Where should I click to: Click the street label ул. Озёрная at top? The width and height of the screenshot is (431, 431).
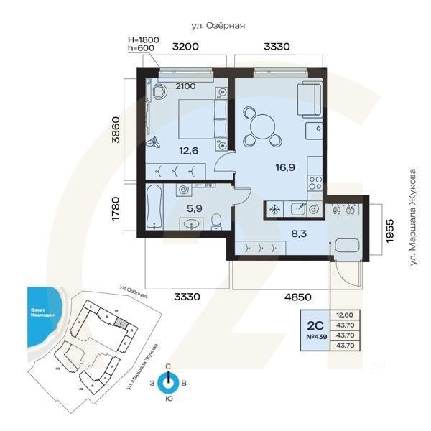[x=218, y=25]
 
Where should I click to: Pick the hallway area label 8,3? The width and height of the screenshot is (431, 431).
[x=297, y=233]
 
